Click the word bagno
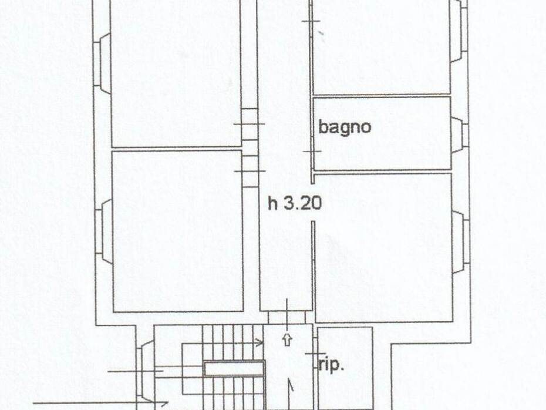[x=345, y=127]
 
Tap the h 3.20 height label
[x=295, y=204]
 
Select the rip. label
[x=331, y=365]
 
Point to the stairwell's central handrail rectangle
[x=234, y=369]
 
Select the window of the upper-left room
[x=102, y=61]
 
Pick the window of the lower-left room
[x=105, y=229]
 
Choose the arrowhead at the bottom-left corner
[x=161, y=403]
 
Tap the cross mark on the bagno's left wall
[x=312, y=151]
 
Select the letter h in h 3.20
[x=273, y=204]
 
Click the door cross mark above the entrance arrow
[x=287, y=311]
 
